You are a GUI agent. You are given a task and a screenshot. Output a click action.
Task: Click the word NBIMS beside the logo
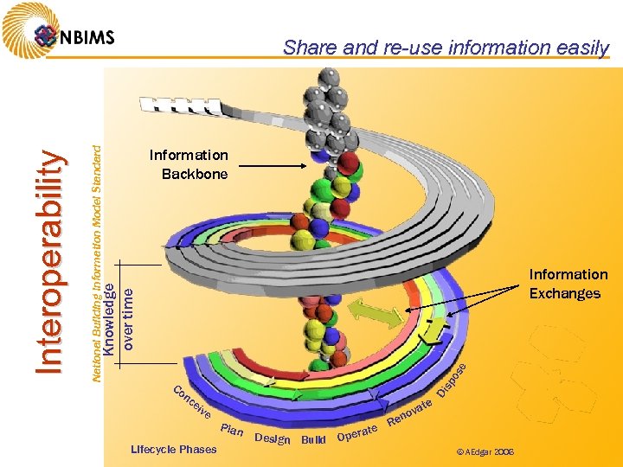tap(87, 37)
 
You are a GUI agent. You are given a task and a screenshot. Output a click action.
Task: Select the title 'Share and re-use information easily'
tap(446, 48)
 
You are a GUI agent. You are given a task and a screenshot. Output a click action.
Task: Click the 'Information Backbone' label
tap(189, 164)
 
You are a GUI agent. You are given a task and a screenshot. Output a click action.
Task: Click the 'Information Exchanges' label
tap(568, 284)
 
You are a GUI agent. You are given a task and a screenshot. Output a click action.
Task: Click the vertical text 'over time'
tap(128, 319)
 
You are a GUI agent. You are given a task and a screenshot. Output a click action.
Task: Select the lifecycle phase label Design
tap(272, 438)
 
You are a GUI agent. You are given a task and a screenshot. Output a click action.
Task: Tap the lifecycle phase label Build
tap(312, 439)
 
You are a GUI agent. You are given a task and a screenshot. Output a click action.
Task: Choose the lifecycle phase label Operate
tap(357, 432)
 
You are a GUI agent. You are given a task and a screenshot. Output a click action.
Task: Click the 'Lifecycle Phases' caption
tap(173, 449)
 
